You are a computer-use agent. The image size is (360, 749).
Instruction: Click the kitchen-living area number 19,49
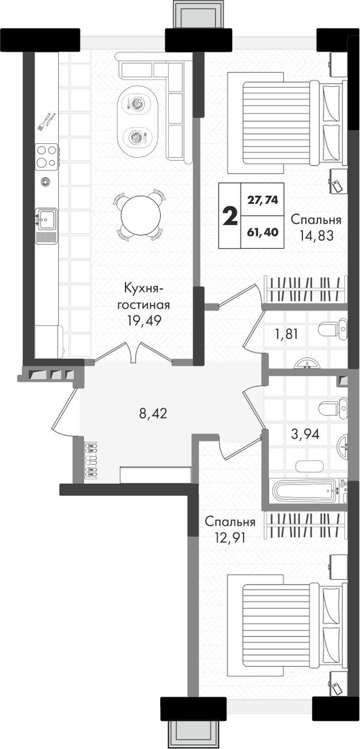144,321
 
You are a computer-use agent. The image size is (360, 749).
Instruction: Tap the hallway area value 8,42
153,414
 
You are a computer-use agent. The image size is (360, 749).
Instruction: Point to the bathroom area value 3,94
305,434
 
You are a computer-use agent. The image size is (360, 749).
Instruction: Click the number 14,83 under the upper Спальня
316,236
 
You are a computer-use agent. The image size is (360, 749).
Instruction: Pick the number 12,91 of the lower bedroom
230,537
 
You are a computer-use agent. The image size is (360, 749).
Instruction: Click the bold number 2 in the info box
230,216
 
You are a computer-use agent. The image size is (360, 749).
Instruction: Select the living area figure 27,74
263,200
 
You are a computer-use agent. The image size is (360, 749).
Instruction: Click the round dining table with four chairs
140,214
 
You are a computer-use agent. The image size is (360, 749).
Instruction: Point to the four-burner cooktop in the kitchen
46,156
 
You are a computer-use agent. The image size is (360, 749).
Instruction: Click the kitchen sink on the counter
46,219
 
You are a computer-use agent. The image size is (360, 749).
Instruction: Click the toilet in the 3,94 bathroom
333,408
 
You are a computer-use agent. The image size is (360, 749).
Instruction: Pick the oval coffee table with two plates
137,119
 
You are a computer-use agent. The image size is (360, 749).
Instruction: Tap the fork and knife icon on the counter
46,122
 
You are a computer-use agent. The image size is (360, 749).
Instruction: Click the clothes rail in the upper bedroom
305,288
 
